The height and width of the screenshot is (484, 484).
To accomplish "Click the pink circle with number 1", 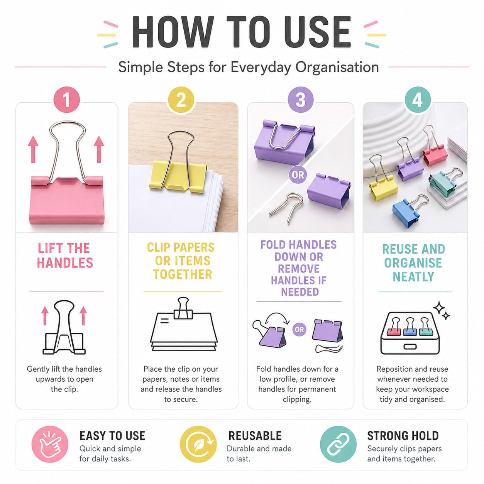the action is [x=66, y=100].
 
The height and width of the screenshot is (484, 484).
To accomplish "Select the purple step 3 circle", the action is [x=300, y=100].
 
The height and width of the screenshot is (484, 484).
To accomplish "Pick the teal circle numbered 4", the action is [x=418, y=100].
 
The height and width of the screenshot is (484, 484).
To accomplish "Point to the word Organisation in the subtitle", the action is [x=337, y=68].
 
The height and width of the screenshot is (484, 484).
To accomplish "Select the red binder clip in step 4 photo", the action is [x=434, y=148].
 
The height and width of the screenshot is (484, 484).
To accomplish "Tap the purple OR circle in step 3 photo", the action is [x=298, y=175].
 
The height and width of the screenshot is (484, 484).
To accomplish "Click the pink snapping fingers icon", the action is [x=50, y=444].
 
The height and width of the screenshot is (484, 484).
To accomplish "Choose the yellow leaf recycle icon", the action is [x=198, y=444].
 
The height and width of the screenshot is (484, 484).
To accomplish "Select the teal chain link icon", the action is [x=338, y=444].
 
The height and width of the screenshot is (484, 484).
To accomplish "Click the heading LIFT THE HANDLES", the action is [x=65, y=256].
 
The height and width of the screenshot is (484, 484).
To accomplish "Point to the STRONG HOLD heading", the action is [x=403, y=436].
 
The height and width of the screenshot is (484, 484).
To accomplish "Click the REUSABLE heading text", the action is [x=255, y=436].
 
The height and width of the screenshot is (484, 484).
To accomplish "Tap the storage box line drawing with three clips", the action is [x=410, y=333].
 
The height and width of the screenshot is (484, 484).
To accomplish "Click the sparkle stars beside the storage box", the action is [x=442, y=310].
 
